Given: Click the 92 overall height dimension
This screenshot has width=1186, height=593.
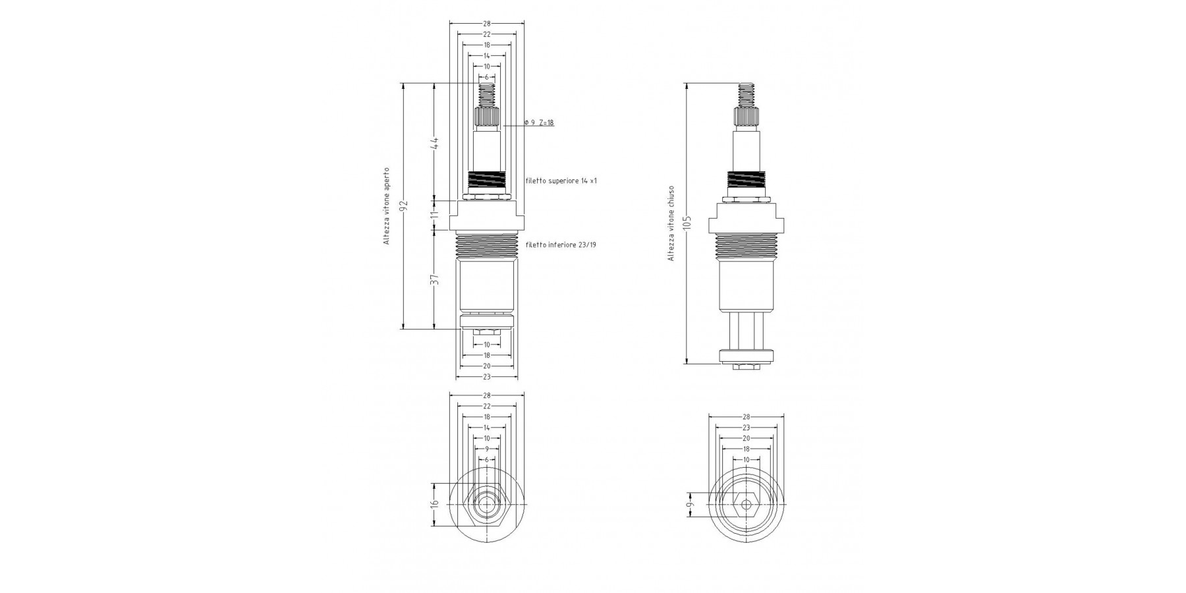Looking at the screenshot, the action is click(405, 205).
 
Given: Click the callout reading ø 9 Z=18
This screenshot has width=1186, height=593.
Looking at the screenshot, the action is click(539, 123).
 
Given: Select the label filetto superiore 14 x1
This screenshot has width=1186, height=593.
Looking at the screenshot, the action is click(561, 181).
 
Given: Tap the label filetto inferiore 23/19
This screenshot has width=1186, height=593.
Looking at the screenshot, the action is click(561, 245).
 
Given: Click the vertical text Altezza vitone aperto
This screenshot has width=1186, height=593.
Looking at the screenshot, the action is click(387, 206).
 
